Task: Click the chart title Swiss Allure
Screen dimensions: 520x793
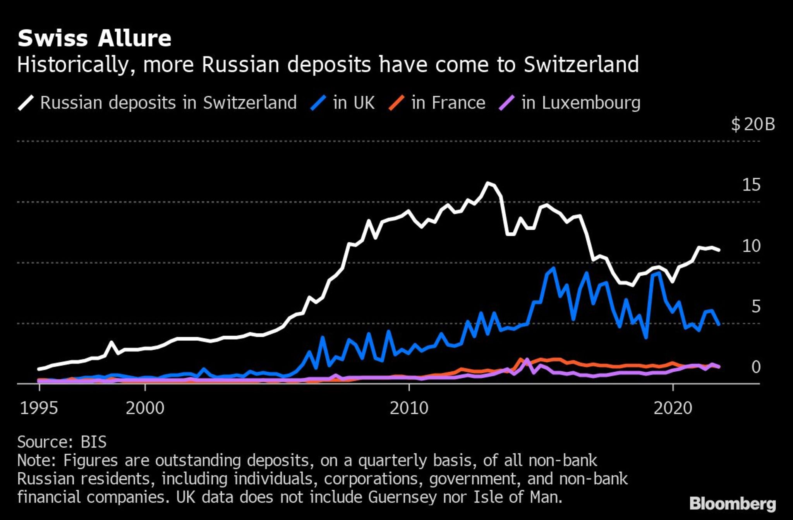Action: click(94, 38)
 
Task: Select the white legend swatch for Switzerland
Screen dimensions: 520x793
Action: click(26, 103)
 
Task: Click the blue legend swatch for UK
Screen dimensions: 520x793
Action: click(318, 103)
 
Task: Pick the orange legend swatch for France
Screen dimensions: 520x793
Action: click(396, 103)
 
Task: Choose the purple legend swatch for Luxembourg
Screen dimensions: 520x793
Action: click(507, 103)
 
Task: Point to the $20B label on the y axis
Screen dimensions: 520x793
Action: click(753, 124)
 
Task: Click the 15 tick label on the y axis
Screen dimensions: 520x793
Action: click(751, 185)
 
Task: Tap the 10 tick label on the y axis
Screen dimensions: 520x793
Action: click(751, 246)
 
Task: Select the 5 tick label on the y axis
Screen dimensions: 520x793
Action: click(756, 307)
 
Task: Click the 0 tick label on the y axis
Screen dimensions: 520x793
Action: click(756, 367)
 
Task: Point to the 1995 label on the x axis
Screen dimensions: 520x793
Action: click(39, 408)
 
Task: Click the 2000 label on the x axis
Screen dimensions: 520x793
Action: click(145, 408)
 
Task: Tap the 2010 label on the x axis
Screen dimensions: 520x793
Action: click(409, 408)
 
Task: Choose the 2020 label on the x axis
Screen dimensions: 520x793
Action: click(673, 408)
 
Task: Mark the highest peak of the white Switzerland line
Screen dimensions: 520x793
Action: click(488, 183)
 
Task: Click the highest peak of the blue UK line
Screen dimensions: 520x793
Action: click(553, 268)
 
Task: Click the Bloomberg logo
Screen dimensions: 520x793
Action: click(733, 504)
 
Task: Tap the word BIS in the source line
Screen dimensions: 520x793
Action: click(93, 442)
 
